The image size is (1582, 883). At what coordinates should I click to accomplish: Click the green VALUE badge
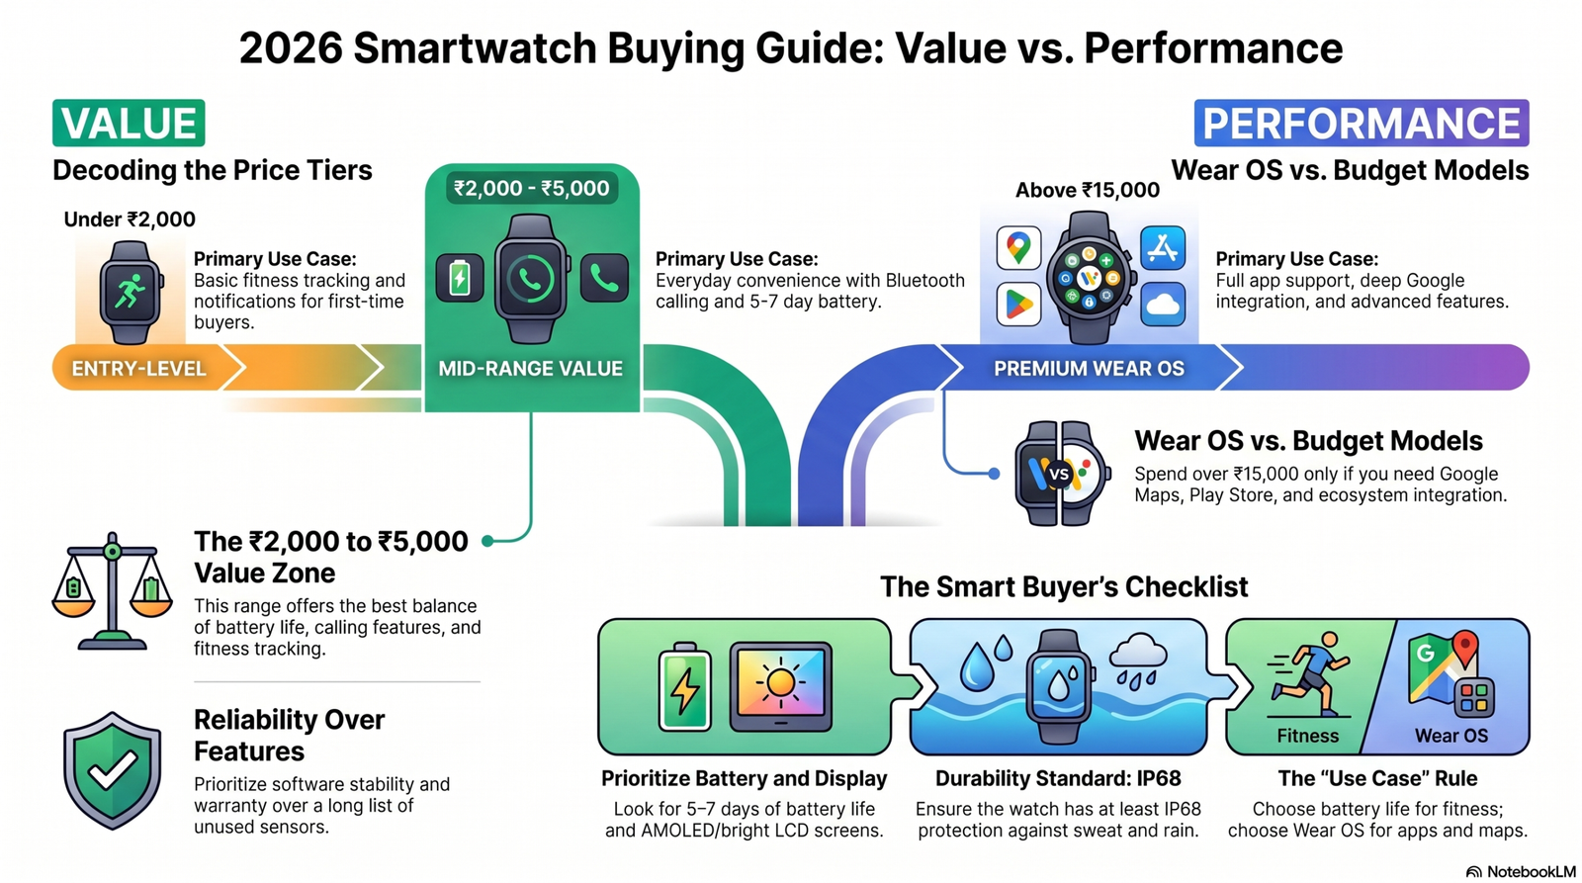coord(129,124)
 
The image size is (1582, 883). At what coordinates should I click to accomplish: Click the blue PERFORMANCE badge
coord(1361,124)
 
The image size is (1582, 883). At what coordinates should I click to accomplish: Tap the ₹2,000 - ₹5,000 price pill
coord(531,188)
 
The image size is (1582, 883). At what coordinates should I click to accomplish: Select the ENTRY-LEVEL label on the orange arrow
coord(138,369)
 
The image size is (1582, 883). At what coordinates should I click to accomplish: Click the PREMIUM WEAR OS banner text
coord(1089,369)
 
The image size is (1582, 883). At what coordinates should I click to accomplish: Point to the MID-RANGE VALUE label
coord(530,369)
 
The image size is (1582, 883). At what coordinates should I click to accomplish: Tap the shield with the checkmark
coord(112,770)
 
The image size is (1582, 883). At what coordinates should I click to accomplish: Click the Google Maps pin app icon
coord(1018,246)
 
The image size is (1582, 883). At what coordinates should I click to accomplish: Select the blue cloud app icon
coord(1163,304)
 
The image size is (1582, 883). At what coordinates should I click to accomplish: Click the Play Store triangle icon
coord(1018,304)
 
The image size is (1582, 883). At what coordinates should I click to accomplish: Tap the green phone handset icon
coord(604,279)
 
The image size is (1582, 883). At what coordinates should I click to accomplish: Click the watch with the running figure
coord(130,293)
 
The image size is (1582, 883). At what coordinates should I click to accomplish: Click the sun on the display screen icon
coord(780,684)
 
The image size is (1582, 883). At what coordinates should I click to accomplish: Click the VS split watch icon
coord(1059,474)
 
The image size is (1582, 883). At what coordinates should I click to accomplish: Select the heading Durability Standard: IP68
coord(1058,778)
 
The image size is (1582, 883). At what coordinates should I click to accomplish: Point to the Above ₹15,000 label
coord(1088,190)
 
